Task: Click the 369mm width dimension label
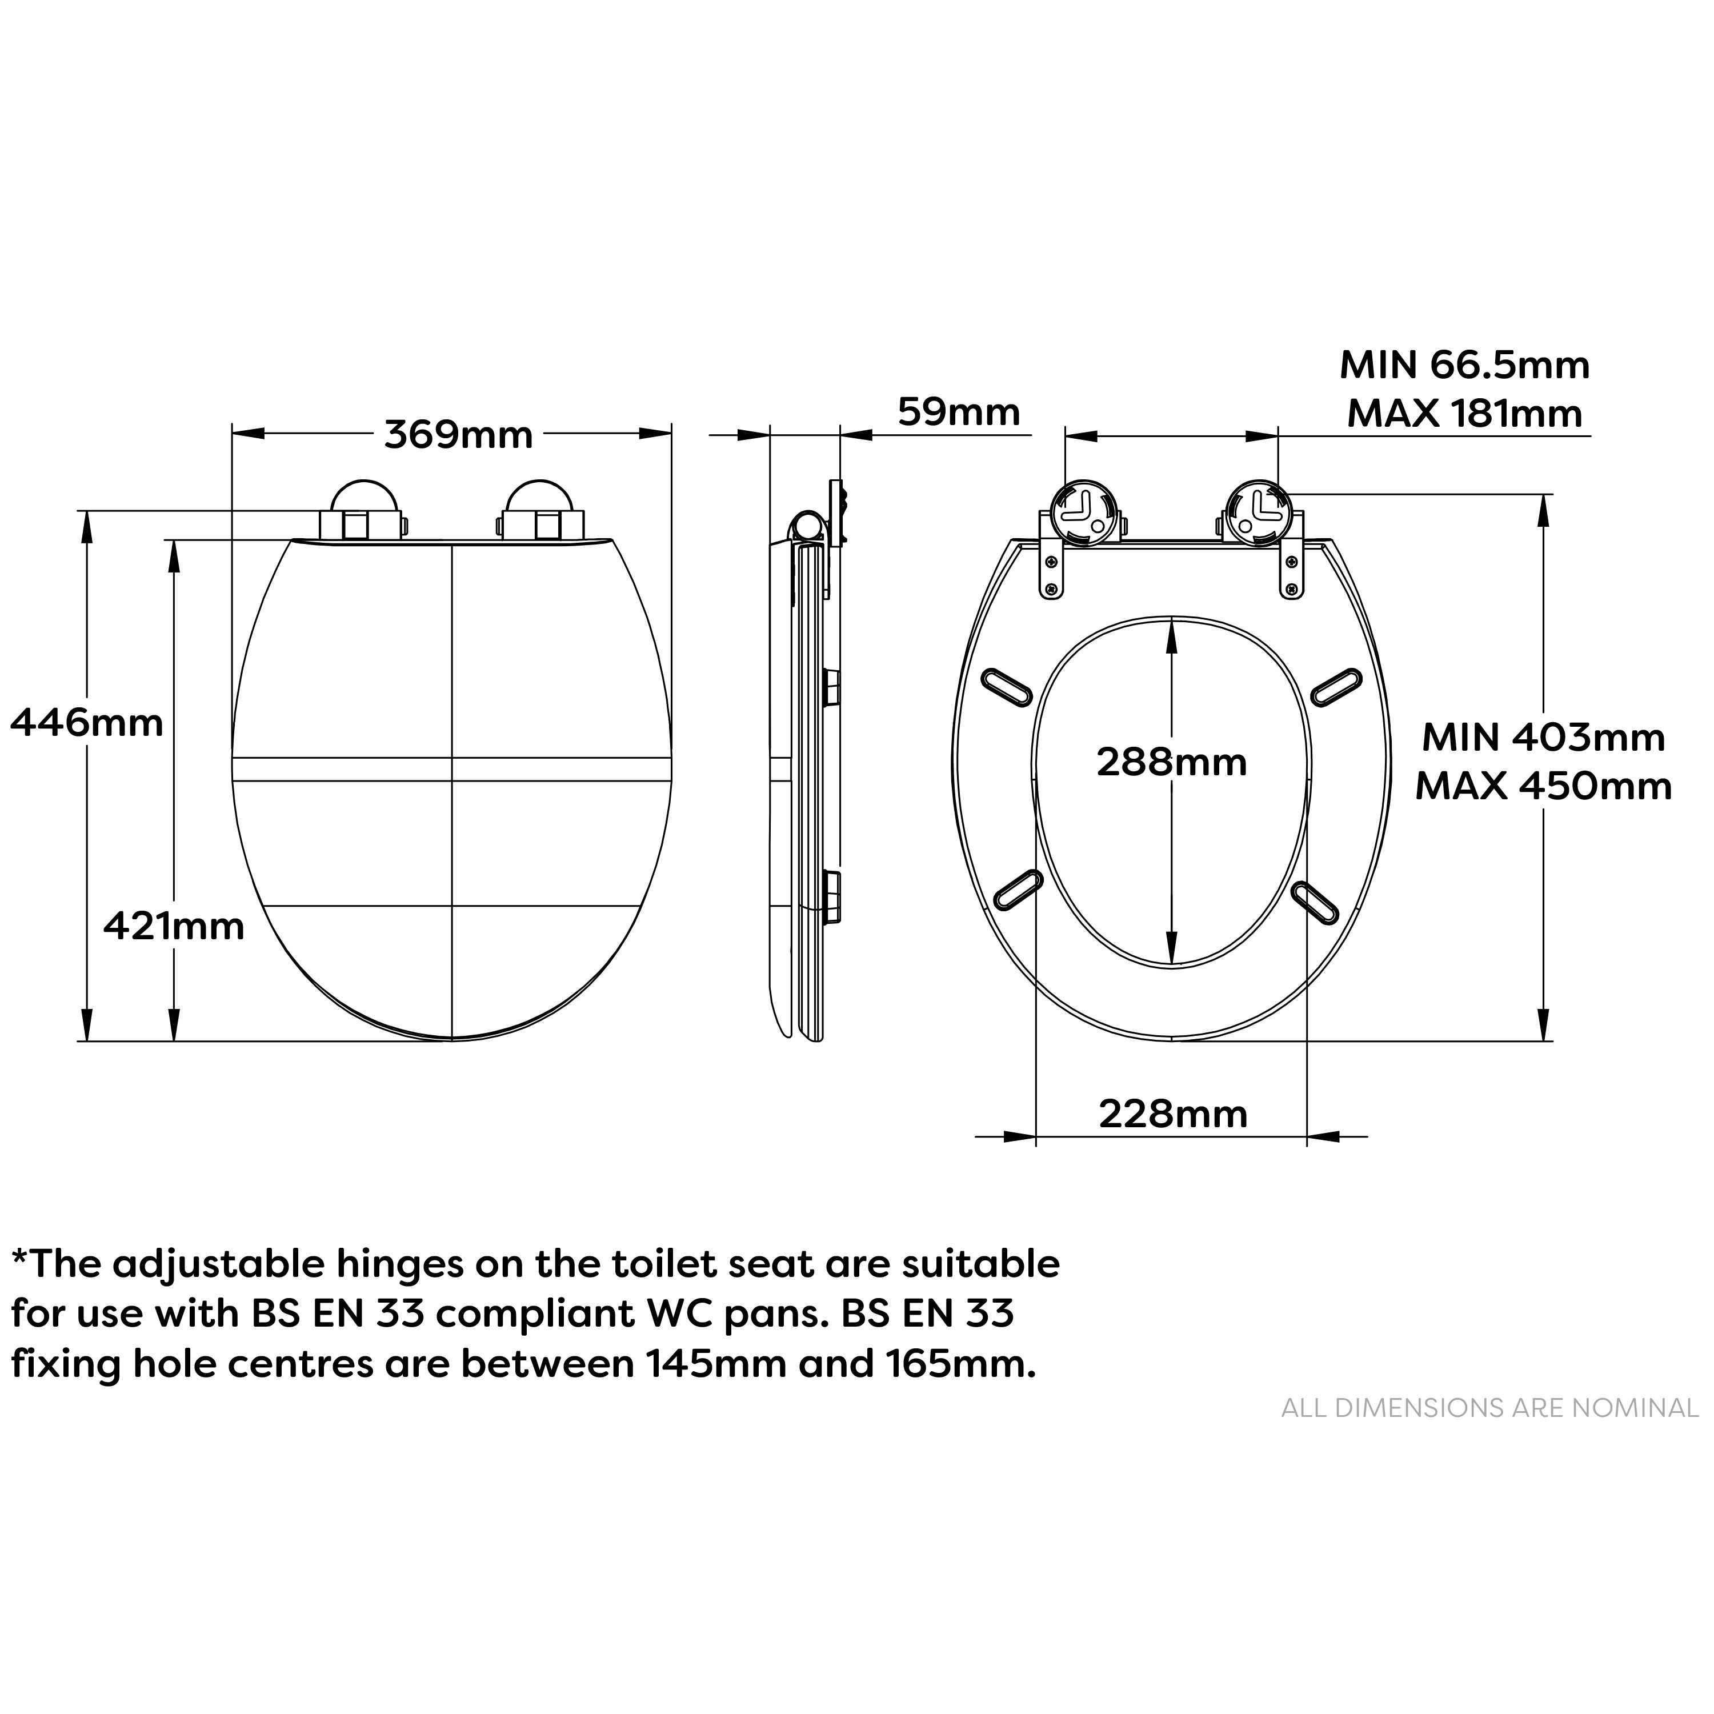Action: [x=459, y=435]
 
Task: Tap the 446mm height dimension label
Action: [x=87, y=724]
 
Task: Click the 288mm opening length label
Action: [x=1172, y=762]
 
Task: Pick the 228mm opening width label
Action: [x=1173, y=1114]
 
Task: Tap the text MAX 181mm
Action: [x=1465, y=414]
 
